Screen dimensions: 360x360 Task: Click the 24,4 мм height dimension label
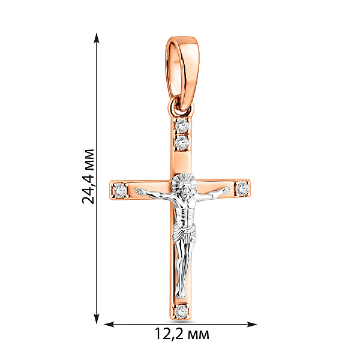pyautogui.click(x=88, y=176)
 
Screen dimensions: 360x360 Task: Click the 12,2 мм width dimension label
pyautogui.click(x=182, y=334)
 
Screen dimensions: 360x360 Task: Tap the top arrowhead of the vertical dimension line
pyautogui.click(x=97, y=38)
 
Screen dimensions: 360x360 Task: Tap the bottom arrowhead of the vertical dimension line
pyautogui.click(x=97, y=319)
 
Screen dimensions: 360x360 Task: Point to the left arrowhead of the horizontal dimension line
pyautogui.click(x=109, y=325)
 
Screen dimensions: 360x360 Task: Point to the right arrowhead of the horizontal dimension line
pyautogui.click(x=251, y=325)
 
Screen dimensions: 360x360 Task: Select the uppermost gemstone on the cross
pyautogui.click(x=182, y=125)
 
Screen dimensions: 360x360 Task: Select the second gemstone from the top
pyautogui.click(x=182, y=143)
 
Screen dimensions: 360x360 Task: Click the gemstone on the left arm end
pyautogui.click(x=120, y=190)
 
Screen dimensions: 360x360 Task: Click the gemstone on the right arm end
pyautogui.click(x=243, y=188)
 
